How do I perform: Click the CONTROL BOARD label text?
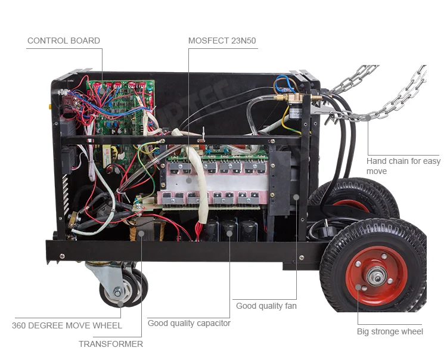[64, 41]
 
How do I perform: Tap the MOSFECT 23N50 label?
[222, 41]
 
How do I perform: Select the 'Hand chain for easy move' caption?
[403, 166]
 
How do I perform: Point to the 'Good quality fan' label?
[266, 306]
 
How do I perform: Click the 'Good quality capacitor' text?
[189, 323]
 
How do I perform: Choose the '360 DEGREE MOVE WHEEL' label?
[67, 325]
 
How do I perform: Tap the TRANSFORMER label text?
[111, 344]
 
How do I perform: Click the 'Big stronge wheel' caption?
[390, 331]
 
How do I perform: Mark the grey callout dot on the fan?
[296, 197]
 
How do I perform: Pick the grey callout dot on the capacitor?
[229, 234]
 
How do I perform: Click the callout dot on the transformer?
[141, 234]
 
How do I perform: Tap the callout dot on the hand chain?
[368, 117]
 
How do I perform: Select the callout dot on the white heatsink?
[189, 180]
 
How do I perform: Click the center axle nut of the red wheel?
[377, 275]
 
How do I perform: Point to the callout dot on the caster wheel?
[120, 304]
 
